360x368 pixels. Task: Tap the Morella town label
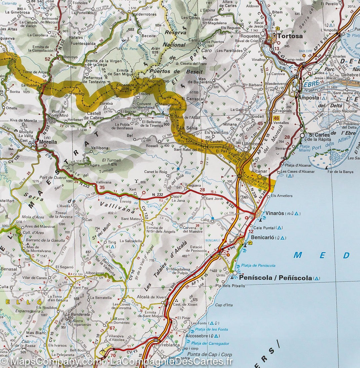pyautogui.click(x=48, y=142)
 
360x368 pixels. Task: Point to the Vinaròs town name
pyautogui.click(x=274, y=213)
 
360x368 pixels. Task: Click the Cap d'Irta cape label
pyautogui.click(x=224, y=305)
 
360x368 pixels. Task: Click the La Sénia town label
pyautogui.click(x=187, y=128)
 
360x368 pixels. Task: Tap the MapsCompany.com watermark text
pyautogui.click(x=53, y=361)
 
